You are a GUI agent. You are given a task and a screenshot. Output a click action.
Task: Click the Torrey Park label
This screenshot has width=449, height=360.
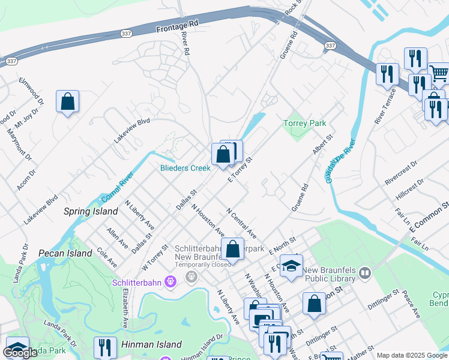pos(304,123)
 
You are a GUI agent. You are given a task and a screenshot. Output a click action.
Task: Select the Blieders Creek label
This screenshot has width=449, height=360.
pos(185,169)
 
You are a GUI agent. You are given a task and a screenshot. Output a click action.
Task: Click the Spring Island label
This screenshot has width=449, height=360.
pos(91,212)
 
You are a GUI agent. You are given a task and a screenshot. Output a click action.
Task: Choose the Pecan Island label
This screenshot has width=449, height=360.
pos(65,253)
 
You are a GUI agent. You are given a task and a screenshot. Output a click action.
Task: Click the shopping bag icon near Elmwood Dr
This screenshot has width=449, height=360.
pos(68,101)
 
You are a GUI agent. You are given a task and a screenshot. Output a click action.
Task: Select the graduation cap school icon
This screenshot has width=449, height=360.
pos(291,266)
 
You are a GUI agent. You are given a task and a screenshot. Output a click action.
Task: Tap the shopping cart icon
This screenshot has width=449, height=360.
pos(439,73)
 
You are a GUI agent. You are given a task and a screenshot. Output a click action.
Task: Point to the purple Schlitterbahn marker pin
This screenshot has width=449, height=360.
pos(170,280)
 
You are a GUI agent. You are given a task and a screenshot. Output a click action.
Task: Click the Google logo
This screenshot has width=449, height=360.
pos(20,353)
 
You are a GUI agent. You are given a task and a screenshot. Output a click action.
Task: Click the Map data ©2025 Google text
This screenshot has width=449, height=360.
pos(412,355)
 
